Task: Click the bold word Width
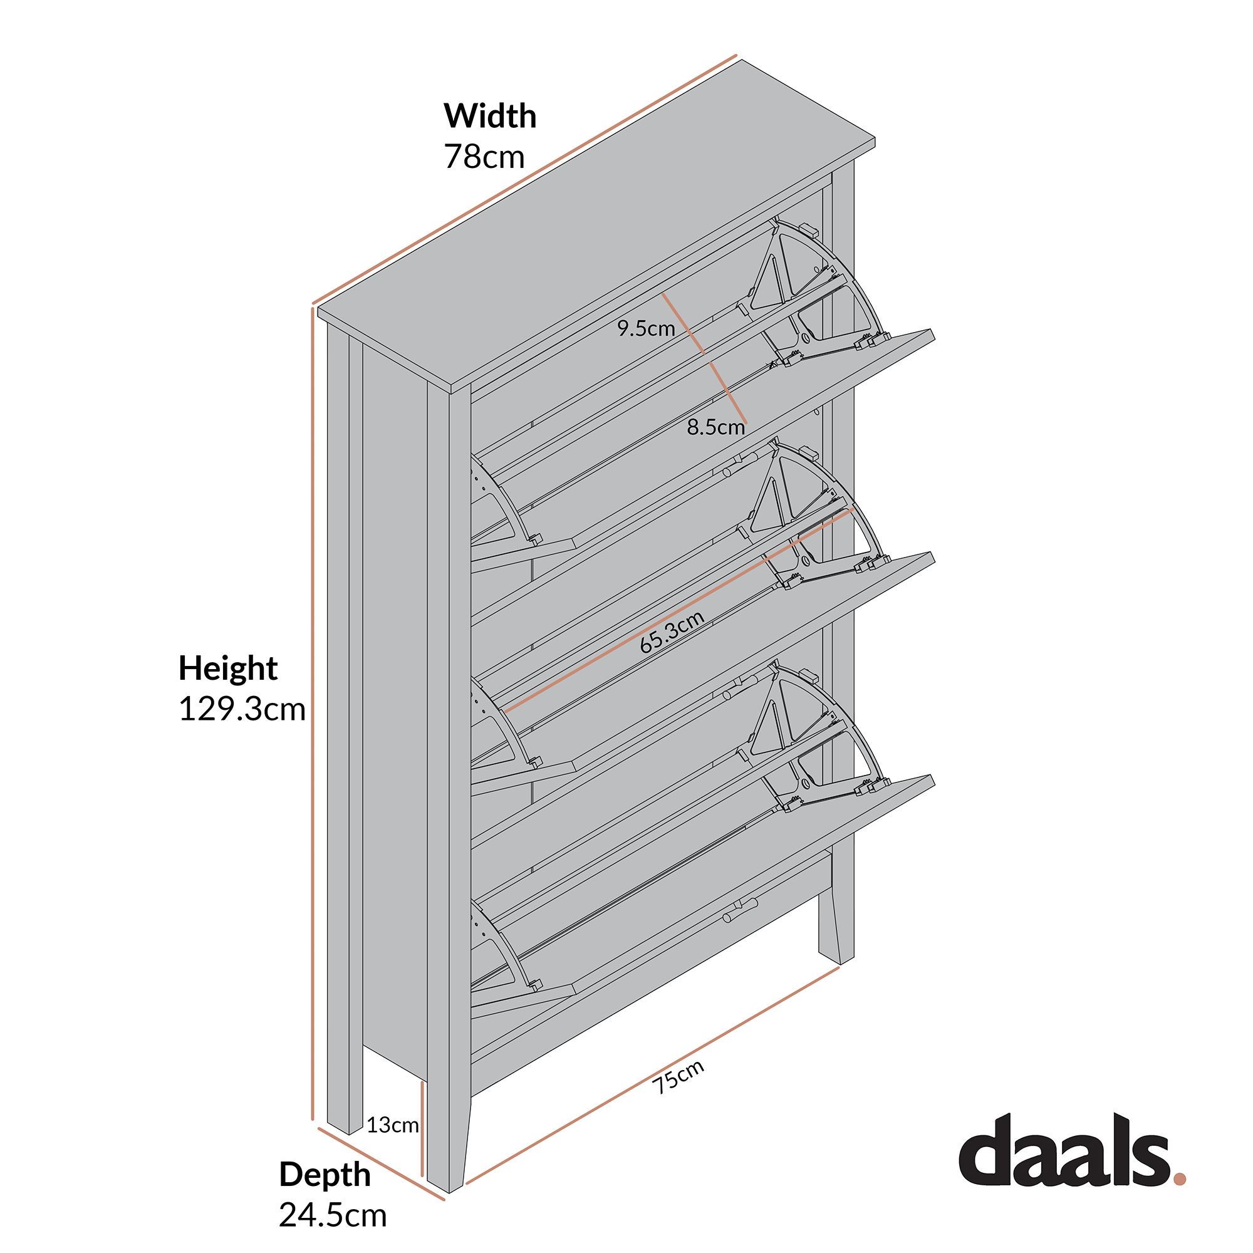point(490,117)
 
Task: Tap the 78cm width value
point(484,157)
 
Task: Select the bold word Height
point(227,668)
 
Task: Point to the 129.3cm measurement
point(241,710)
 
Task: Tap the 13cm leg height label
point(392,1125)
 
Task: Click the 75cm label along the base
point(678,1076)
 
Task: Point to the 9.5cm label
point(646,329)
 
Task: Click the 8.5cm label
point(715,427)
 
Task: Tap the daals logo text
point(1064,1161)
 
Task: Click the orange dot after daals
point(1179,1178)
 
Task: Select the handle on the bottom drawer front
point(740,908)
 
